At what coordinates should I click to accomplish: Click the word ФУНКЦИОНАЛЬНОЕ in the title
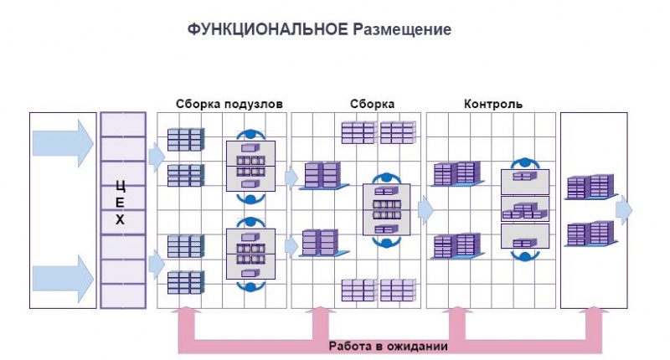(267, 29)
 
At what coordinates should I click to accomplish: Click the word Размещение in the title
(402, 30)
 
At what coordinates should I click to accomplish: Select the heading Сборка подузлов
(229, 104)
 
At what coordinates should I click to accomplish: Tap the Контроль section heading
(493, 104)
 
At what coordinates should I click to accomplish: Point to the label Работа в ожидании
(388, 346)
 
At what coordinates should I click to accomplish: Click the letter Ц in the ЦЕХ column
(121, 187)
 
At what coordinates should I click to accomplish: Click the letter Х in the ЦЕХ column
(120, 219)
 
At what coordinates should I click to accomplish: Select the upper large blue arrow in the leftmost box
(63, 143)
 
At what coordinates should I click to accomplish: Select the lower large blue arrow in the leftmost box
(63, 279)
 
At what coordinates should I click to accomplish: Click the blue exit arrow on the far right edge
(624, 210)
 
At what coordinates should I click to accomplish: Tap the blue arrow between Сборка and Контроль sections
(426, 209)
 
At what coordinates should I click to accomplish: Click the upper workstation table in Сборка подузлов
(250, 166)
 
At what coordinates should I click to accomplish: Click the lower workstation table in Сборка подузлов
(250, 254)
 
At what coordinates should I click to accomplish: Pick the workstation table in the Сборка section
(386, 209)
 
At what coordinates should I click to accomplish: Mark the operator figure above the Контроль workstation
(525, 164)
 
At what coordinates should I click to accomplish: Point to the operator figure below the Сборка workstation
(386, 242)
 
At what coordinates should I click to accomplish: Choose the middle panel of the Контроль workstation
(525, 208)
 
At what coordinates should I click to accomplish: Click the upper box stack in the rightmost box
(590, 187)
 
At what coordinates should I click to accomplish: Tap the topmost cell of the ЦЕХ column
(123, 125)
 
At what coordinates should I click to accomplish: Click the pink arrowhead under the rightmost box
(594, 311)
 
